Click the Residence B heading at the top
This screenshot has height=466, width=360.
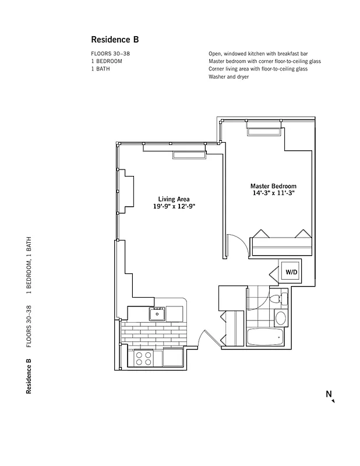115,40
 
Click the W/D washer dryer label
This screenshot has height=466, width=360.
290,272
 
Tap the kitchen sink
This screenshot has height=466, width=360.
157,315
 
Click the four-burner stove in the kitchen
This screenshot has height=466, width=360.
144,358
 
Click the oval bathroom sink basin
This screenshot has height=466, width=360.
281,318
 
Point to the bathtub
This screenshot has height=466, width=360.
265,337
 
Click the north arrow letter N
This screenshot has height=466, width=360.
329,394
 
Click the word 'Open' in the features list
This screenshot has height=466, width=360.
216,53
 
